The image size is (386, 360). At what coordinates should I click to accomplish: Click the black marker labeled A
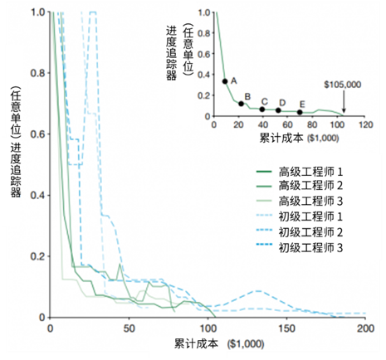tap(225, 81)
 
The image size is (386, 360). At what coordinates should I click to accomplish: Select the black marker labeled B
tap(241, 104)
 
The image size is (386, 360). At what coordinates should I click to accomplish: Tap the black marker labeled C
tap(262, 109)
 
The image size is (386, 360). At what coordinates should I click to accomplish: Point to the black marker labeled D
tap(278, 110)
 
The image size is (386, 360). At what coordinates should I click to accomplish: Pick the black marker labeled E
tap(300, 112)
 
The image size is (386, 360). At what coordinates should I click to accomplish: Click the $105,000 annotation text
tap(343, 85)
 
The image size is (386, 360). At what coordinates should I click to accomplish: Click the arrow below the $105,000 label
tap(344, 102)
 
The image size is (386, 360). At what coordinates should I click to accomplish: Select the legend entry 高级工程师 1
tap(300, 172)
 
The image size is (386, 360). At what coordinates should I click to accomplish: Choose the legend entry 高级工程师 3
tap(300, 201)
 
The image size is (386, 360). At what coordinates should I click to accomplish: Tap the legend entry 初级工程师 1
tap(300, 216)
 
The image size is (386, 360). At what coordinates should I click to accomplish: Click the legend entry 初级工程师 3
tap(300, 247)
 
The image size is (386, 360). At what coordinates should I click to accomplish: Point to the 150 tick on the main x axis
tap(286, 328)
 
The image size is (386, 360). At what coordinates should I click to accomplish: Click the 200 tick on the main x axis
tap(365, 328)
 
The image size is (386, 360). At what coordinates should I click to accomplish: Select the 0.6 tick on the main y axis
tap(37, 134)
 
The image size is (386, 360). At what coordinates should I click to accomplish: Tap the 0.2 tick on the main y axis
tap(37, 256)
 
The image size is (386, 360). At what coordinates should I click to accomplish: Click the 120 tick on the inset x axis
tap(366, 124)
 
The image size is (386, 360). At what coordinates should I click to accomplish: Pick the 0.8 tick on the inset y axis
tap(204, 33)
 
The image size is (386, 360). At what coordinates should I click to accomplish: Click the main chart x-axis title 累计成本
tap(196, 343)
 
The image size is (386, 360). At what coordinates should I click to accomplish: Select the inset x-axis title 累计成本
tap(281, 138)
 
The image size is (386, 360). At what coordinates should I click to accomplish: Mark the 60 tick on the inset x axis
tap(287, 124)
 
